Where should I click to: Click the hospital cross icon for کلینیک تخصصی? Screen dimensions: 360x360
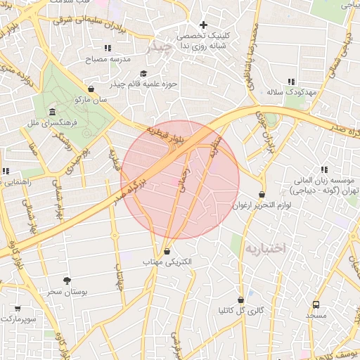tap(204, 25)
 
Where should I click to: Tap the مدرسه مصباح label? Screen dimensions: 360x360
tap(108, 60)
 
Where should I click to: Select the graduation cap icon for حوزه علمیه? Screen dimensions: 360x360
tap(143, 73)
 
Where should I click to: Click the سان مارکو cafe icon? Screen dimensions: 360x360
tap(91, 89)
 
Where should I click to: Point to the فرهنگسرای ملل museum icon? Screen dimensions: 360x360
tap(52, 112)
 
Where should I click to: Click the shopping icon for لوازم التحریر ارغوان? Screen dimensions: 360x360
tap(262, 194)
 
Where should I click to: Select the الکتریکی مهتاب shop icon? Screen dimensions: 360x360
tap(167, 251)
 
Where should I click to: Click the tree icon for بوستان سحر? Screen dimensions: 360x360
tap(67, 281)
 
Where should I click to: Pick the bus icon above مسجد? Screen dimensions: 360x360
tap(316, 305)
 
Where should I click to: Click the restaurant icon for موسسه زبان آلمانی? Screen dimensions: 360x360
tap(324, 169)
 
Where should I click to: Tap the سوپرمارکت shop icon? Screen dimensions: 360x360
tap(17, 308)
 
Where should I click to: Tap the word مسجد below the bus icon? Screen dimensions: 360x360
tap(316, 316)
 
